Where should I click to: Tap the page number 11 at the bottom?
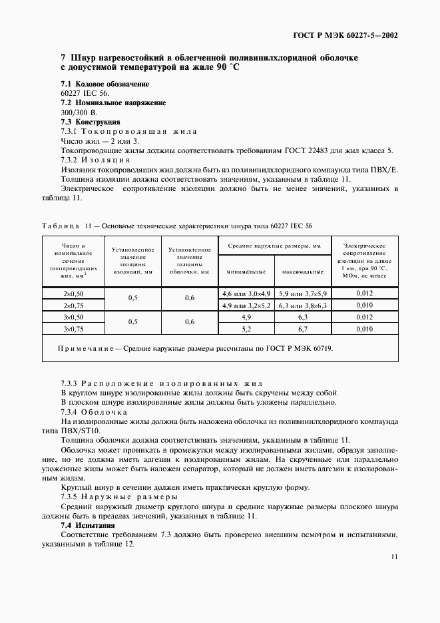click(x=395, y=558)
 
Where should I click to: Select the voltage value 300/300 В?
click(x=79, y=112)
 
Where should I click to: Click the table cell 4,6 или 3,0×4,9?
click(x=246, y=293)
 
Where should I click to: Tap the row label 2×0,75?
click(x=74, y=306)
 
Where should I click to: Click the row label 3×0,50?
click(x=74, y=317)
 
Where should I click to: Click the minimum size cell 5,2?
click(x=246, y=329)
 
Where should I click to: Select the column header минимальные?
click(x=246, y=272)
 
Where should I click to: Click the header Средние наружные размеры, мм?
click(x=274, y=246)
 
